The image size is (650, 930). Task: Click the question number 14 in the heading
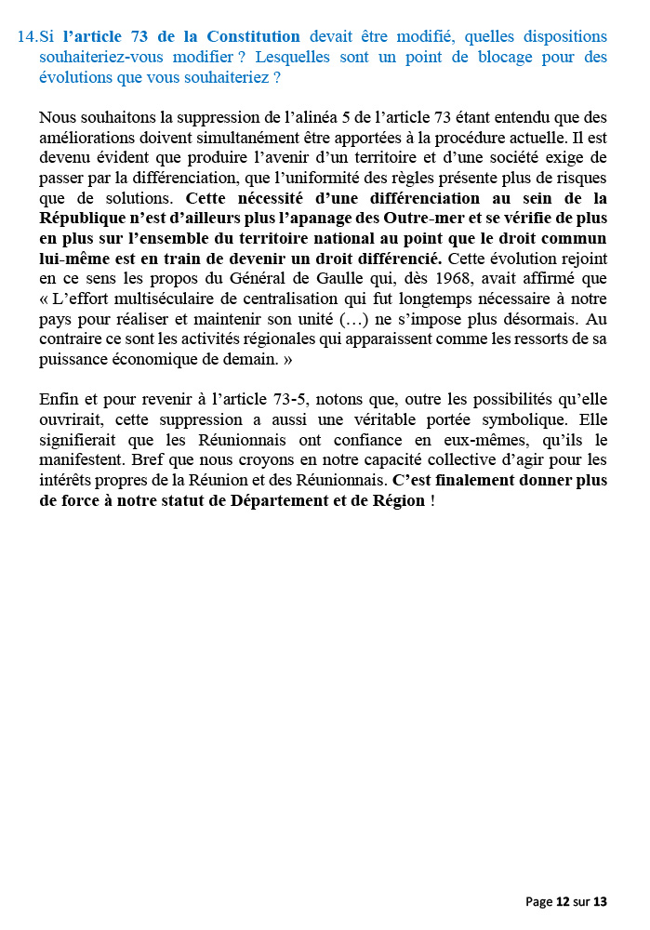(x=27, y=37)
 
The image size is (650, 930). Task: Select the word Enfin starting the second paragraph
(x=59, y=399)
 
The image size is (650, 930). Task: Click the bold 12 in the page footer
(x=563, y=901)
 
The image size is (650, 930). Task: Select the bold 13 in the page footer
(x=600, y=901)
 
